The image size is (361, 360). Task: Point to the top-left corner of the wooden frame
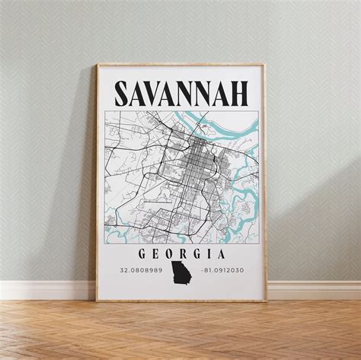point(97,65)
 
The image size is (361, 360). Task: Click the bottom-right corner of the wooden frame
point(267,301)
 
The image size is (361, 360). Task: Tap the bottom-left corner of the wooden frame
point(97,301)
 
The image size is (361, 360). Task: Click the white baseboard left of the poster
point(46,289)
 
